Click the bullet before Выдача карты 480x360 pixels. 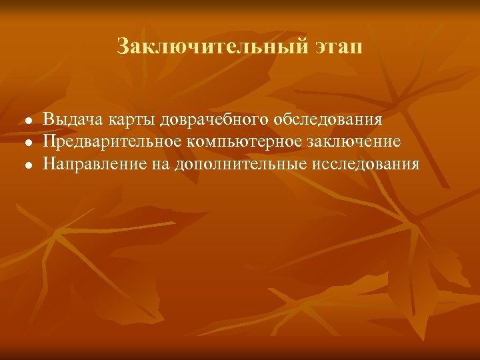(20, 121)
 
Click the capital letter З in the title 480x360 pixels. (123, 47)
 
